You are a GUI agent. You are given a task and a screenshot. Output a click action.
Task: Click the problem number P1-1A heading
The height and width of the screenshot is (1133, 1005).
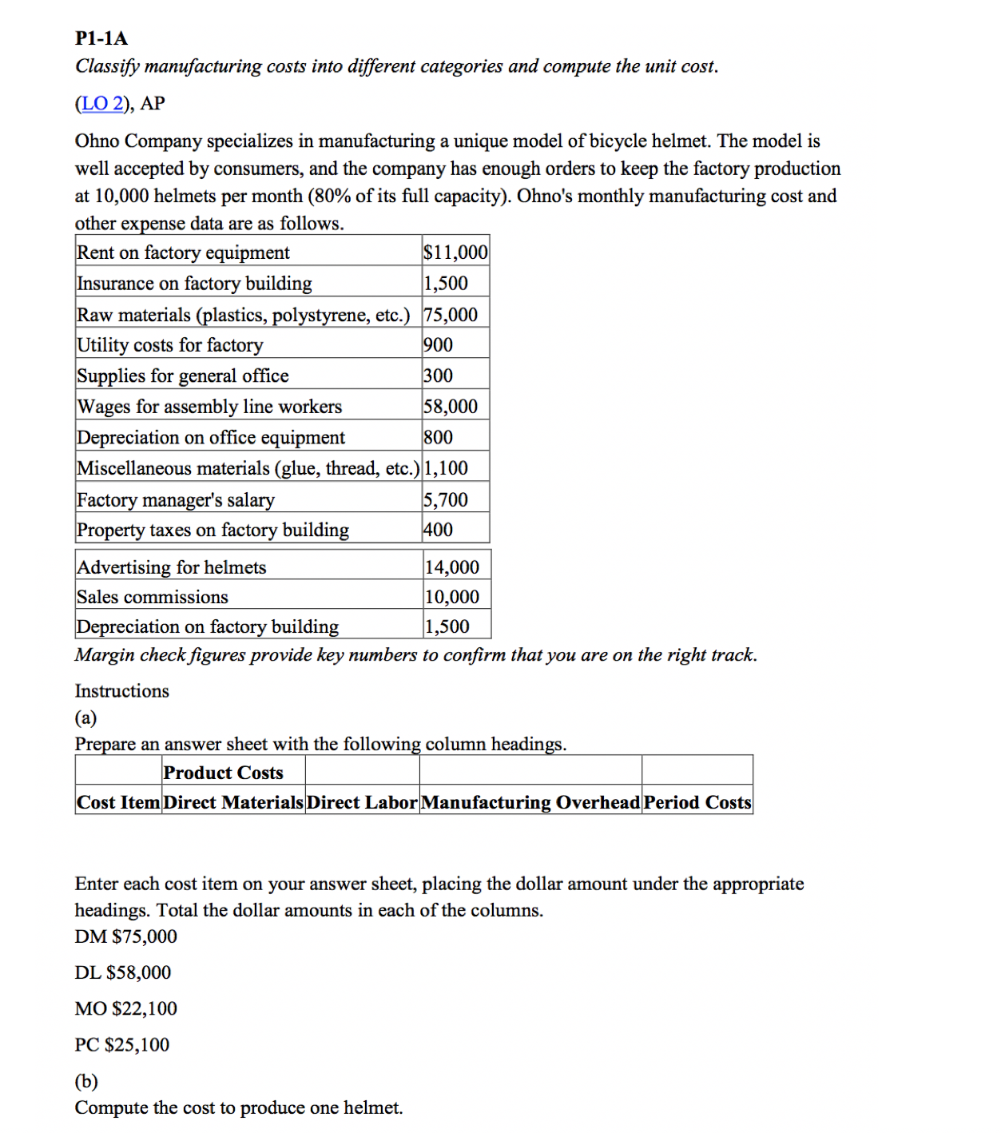tap(101, 38)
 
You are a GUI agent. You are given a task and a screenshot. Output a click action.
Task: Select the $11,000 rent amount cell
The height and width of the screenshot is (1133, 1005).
tap(455, 252)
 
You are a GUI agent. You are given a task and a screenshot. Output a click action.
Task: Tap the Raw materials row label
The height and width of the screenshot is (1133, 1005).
tap(243, 315)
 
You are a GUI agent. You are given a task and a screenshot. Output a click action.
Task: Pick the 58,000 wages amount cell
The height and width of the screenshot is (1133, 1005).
tap(451, 407)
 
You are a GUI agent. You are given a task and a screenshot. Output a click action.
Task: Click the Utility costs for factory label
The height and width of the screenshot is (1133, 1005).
tap(169, 345)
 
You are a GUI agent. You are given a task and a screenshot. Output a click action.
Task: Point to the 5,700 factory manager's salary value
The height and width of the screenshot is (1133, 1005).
tap(446, 500)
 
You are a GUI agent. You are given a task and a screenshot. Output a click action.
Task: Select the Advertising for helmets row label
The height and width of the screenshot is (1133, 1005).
tap(171, 567)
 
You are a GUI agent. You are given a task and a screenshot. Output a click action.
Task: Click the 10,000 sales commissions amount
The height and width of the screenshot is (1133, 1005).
tap(451, 597)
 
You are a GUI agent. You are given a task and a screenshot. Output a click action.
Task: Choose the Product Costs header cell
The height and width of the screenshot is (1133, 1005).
tap(223, 773)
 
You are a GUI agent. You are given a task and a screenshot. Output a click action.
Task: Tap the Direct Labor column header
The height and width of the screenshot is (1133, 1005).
tap(362, 802)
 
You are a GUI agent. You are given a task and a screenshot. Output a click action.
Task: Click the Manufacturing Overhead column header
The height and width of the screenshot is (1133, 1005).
tap(530, 802)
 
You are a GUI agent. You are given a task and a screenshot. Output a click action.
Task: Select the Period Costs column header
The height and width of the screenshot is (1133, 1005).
tap(697, 802)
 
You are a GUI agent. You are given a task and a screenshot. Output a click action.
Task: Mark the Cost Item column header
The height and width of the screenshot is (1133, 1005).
tap(118, 802)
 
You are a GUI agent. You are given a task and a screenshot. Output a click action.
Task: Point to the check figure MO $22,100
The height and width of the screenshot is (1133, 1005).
tap(126, 1008)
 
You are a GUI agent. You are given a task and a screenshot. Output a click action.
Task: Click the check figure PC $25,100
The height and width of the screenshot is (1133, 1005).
tap(122, 1044)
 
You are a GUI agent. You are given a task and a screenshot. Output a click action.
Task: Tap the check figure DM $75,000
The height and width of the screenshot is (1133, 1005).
tap(126, 936)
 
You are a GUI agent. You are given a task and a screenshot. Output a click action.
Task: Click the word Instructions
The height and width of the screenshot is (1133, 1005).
tap(122, 690)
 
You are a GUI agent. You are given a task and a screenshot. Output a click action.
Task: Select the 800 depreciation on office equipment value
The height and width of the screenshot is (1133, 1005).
tap(438, 438)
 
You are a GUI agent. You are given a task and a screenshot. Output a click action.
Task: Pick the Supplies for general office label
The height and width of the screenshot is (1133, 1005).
tap(182, 376)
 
